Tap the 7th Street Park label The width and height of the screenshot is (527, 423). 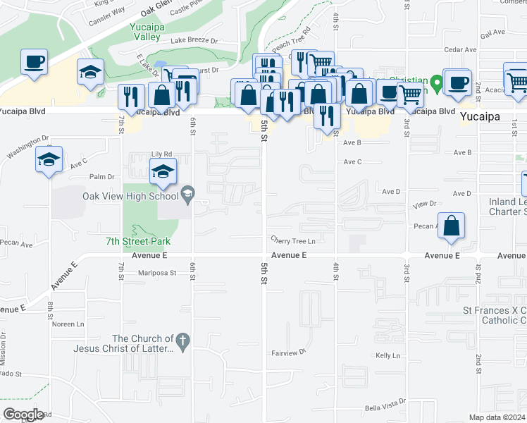138,242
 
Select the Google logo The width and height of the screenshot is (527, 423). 23,415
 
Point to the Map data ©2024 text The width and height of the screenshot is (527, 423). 497,417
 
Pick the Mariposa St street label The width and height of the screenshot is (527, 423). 156,271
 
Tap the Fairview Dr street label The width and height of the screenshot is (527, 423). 290,352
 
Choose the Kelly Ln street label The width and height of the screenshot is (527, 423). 387,356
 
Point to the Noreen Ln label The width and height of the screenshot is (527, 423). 68,324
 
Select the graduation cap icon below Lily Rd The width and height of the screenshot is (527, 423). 163,171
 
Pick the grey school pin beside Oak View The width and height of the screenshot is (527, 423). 187,192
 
